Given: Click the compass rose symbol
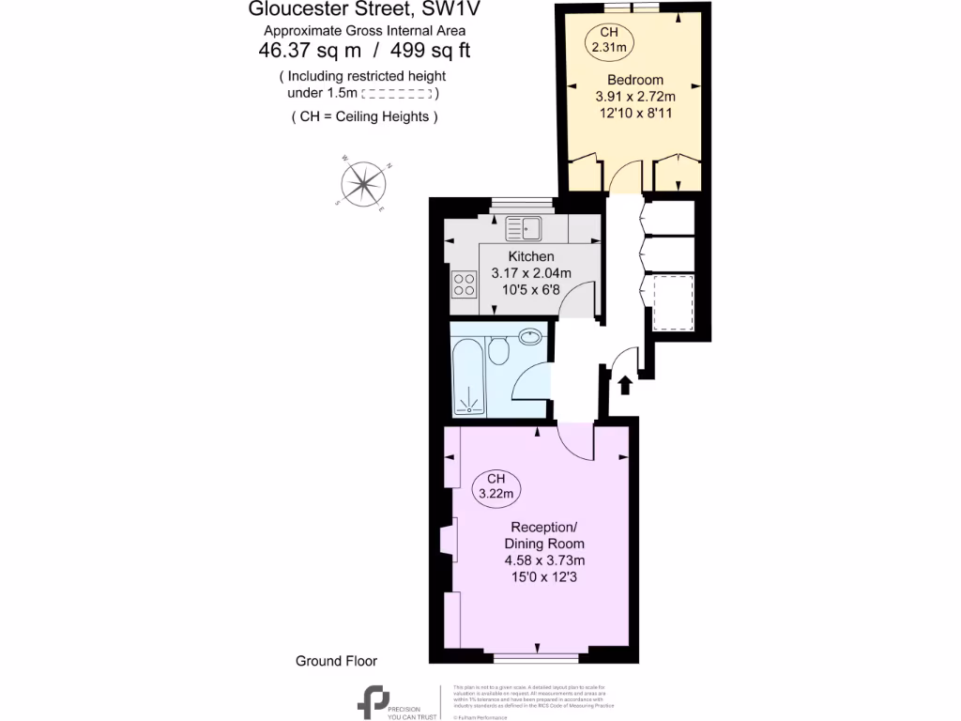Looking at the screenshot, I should click(x=360, y=183).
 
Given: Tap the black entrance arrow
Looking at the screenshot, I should click(x=625, y=386).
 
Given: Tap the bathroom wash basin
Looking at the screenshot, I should click(x=530, y=335).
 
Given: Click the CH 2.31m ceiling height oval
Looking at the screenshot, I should click(x=609, y=38).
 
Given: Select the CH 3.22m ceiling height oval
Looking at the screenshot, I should click(x=496, y=487).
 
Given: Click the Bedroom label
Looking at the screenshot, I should click(x=634, y=80).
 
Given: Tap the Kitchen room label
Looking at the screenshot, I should click(x=530, y=256).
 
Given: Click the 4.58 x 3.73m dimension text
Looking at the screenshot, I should click(x=543, y=560).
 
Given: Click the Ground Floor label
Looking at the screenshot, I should click(x=336, y=661).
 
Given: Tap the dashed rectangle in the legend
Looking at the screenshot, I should click(x=397, y=94).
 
